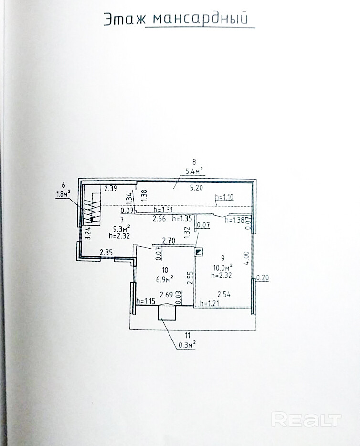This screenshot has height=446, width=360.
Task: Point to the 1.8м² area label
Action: click(63, 193)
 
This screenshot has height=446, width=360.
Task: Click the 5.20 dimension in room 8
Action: click(196, 188)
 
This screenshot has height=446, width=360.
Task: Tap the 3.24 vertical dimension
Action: click(87, 234)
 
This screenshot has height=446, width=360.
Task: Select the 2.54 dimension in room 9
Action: click(224, 295)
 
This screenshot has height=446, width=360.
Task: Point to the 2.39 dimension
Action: click(111, 188)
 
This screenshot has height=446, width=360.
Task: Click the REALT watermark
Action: click(306, 419)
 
